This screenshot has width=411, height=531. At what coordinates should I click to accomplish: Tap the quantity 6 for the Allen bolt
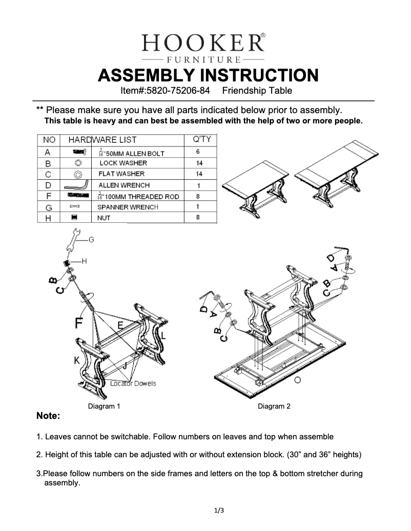pos(197,152)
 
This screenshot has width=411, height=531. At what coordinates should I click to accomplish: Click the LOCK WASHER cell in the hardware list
pos(123,163)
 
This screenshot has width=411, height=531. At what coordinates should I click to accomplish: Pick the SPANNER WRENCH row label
pos(128,207)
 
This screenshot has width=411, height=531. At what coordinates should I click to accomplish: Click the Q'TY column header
pos(201,139)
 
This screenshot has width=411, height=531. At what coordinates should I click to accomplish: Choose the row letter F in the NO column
pos(48,196)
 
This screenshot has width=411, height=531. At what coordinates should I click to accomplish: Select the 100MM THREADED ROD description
pos(138,197)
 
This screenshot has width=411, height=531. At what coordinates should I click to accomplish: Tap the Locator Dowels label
pos(133,384)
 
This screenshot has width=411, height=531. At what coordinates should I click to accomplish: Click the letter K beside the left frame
pos(76,360)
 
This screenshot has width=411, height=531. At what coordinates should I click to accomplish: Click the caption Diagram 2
pos(274,406)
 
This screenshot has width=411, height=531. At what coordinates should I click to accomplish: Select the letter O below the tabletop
pos(297,379)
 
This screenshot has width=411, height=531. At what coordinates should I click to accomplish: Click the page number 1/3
pos(219,510)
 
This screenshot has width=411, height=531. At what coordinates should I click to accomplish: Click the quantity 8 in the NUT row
pos(197,218)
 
